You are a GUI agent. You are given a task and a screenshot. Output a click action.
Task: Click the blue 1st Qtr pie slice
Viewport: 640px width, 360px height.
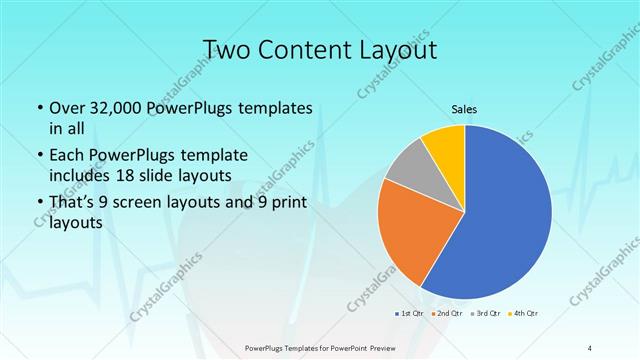click(x=510, y=220)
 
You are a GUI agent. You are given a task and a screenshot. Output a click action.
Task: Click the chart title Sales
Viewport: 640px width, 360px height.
click(x=464, y=110)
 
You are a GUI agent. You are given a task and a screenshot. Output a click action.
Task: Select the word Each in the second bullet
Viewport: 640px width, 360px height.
click(x=69, y=156)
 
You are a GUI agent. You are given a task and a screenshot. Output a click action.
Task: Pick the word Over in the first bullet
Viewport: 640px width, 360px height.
click(x=68, y=108)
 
